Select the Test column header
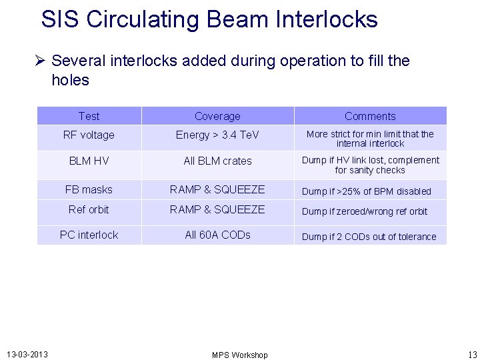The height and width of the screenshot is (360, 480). [89, 116]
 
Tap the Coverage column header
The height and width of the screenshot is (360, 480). [217, 116]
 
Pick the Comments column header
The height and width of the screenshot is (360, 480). [370, 116]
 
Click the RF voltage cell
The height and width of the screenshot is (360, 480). [89, 135]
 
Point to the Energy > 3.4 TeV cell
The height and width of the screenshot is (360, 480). [217, 135]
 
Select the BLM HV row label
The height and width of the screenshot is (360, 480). [89, 161]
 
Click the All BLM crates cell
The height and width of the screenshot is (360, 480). [217, 161]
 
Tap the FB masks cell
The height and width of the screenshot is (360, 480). [89, 190]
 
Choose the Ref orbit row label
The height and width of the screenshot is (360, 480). [89, 209]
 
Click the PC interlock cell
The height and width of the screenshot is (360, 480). [89, 235]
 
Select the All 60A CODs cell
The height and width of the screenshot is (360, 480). [217, 235]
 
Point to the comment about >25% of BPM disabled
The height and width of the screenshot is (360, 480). [367, 191]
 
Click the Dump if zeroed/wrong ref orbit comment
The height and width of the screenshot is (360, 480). [365, 211]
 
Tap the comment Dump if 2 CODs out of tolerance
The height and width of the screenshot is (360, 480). [369, 237]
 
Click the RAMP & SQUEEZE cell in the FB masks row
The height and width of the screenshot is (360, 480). [217, 190]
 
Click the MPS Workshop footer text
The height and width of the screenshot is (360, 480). [239, 355]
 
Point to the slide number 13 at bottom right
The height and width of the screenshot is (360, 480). [472, 354]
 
